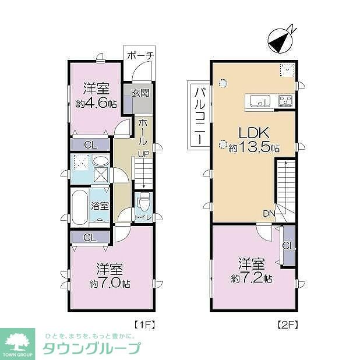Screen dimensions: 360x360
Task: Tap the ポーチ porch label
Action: [140, 55]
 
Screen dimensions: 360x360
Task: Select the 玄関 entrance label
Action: [140, 93]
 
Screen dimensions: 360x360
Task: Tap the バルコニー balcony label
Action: [198, 115]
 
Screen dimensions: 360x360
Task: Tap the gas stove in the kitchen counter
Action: [285, 101]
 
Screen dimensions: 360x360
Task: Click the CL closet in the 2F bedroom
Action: [288, 246]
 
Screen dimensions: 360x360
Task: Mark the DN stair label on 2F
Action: [269, 213]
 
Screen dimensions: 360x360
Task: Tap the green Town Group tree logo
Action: [19, 341]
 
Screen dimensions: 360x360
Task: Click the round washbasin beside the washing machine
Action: [100, 162]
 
